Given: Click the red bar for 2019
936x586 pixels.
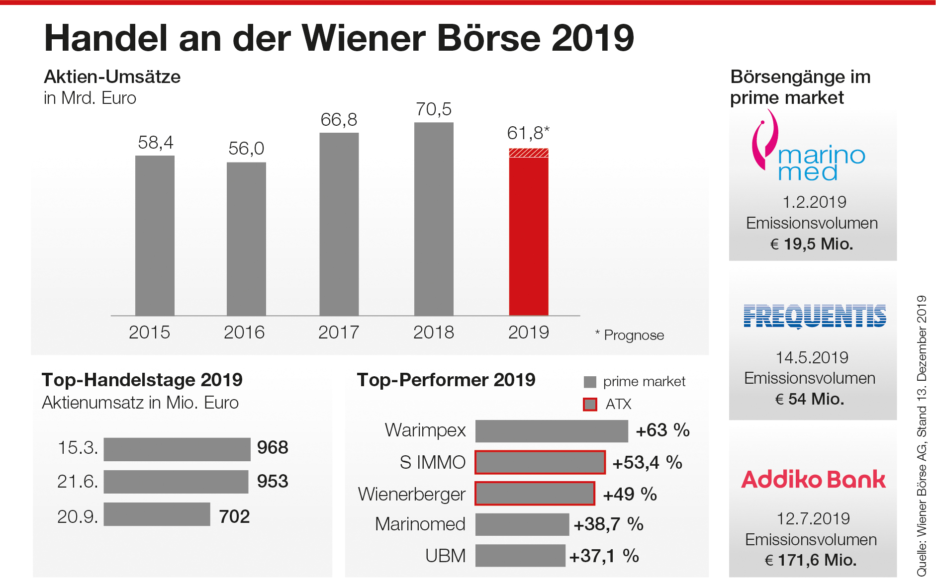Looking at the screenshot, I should coord(529,236).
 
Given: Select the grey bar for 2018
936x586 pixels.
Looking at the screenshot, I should coord(434,219).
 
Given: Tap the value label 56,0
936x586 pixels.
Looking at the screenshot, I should coord(246,149).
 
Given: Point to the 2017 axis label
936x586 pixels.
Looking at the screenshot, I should coord(339,332).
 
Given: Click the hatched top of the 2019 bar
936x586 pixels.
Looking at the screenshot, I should coord(529,153).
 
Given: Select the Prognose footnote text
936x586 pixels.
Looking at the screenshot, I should coord(630,335).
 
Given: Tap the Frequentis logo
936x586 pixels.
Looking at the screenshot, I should coord(815,316).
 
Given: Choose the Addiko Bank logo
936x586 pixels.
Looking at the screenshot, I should coord(813,480).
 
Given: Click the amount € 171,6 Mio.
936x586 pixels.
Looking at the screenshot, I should coord(811,560).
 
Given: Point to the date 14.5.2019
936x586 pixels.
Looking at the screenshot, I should coord(812,357).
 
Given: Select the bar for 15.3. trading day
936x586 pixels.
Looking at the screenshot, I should coord(177,449).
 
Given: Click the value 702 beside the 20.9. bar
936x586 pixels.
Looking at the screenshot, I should coord(234,516).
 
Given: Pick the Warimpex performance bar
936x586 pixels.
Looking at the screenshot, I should coord(552,431).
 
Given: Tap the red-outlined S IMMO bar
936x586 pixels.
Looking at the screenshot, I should coord(540,462).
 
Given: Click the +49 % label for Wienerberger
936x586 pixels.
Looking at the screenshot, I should coord(630,494).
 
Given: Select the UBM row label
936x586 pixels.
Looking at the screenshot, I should coord(445,556).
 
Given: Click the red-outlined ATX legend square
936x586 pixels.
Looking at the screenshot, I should coord(590,404).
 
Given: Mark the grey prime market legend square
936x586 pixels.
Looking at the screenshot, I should coord(590,382).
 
